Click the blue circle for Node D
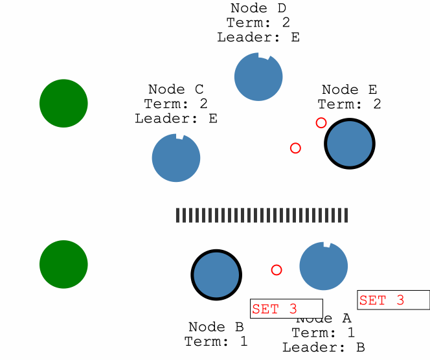click(x=258, y=77)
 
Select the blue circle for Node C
click(x=176, y=158)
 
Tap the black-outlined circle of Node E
click(x=350, y=144)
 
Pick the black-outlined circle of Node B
click(x=216, y=275)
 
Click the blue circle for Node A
click(x=324, y=266)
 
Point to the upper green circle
click(x=63, y=103)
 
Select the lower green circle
click(x=63, y=264)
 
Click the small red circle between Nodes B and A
click(x=277, y=270)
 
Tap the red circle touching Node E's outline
click(x=321, y=123)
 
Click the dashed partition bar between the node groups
click(x=262, y=216)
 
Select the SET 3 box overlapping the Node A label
click(x=286, y=309)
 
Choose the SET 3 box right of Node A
click(x=393, y=300)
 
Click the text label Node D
click(x=258, y=8)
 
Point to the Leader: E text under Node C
click(x=176, y=118)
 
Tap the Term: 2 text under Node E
click(x=349, y=104)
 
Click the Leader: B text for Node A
click(x=323, y=347)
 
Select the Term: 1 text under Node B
click(x=216, y=341)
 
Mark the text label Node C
click(x=176, y=89)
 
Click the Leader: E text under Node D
click(x=258, y=38)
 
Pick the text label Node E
click(x=349, y=90)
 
